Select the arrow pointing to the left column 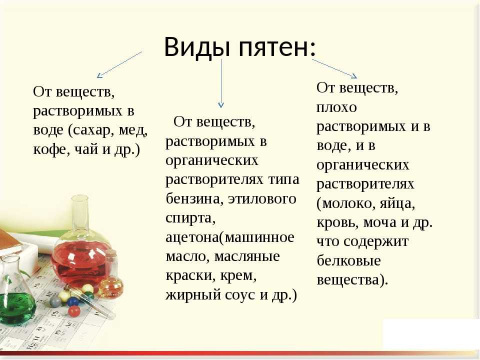point(119,64)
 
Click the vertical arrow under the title point(221,83)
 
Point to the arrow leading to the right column point(334,68)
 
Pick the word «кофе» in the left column point(47,149)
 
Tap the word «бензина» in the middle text point(192,199)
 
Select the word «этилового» point(262,199)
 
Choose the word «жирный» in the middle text point(193,295)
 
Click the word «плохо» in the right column point(336,108)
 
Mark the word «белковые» point(348,260)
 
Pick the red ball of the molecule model point(74,311)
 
